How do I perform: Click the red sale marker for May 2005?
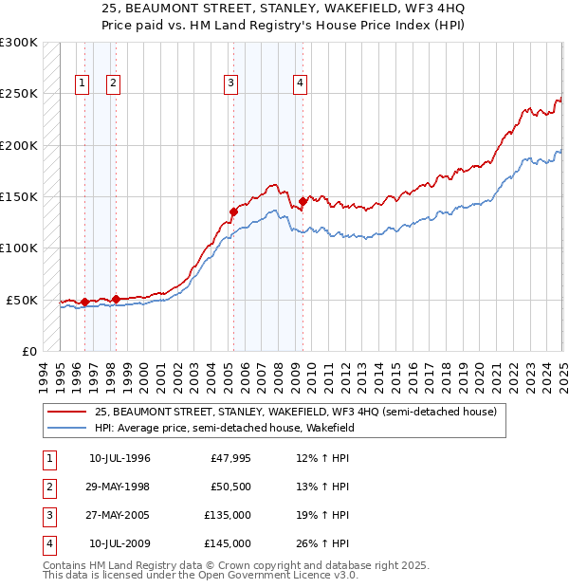pos(233,211)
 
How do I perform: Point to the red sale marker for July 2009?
pos(303,201)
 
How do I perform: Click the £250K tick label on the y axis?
pos(19,94)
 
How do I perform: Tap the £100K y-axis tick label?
pos(19,248)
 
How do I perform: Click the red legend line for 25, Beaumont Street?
pos(68,413)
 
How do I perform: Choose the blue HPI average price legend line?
pos(68,429)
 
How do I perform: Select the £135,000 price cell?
pos(228,516)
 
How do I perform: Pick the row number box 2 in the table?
pos(48,487)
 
